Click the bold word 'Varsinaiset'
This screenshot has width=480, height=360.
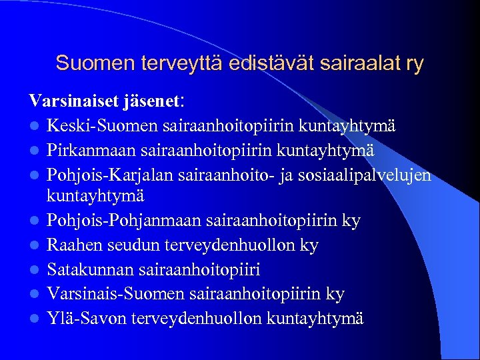73,101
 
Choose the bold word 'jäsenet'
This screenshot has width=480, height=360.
152,101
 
